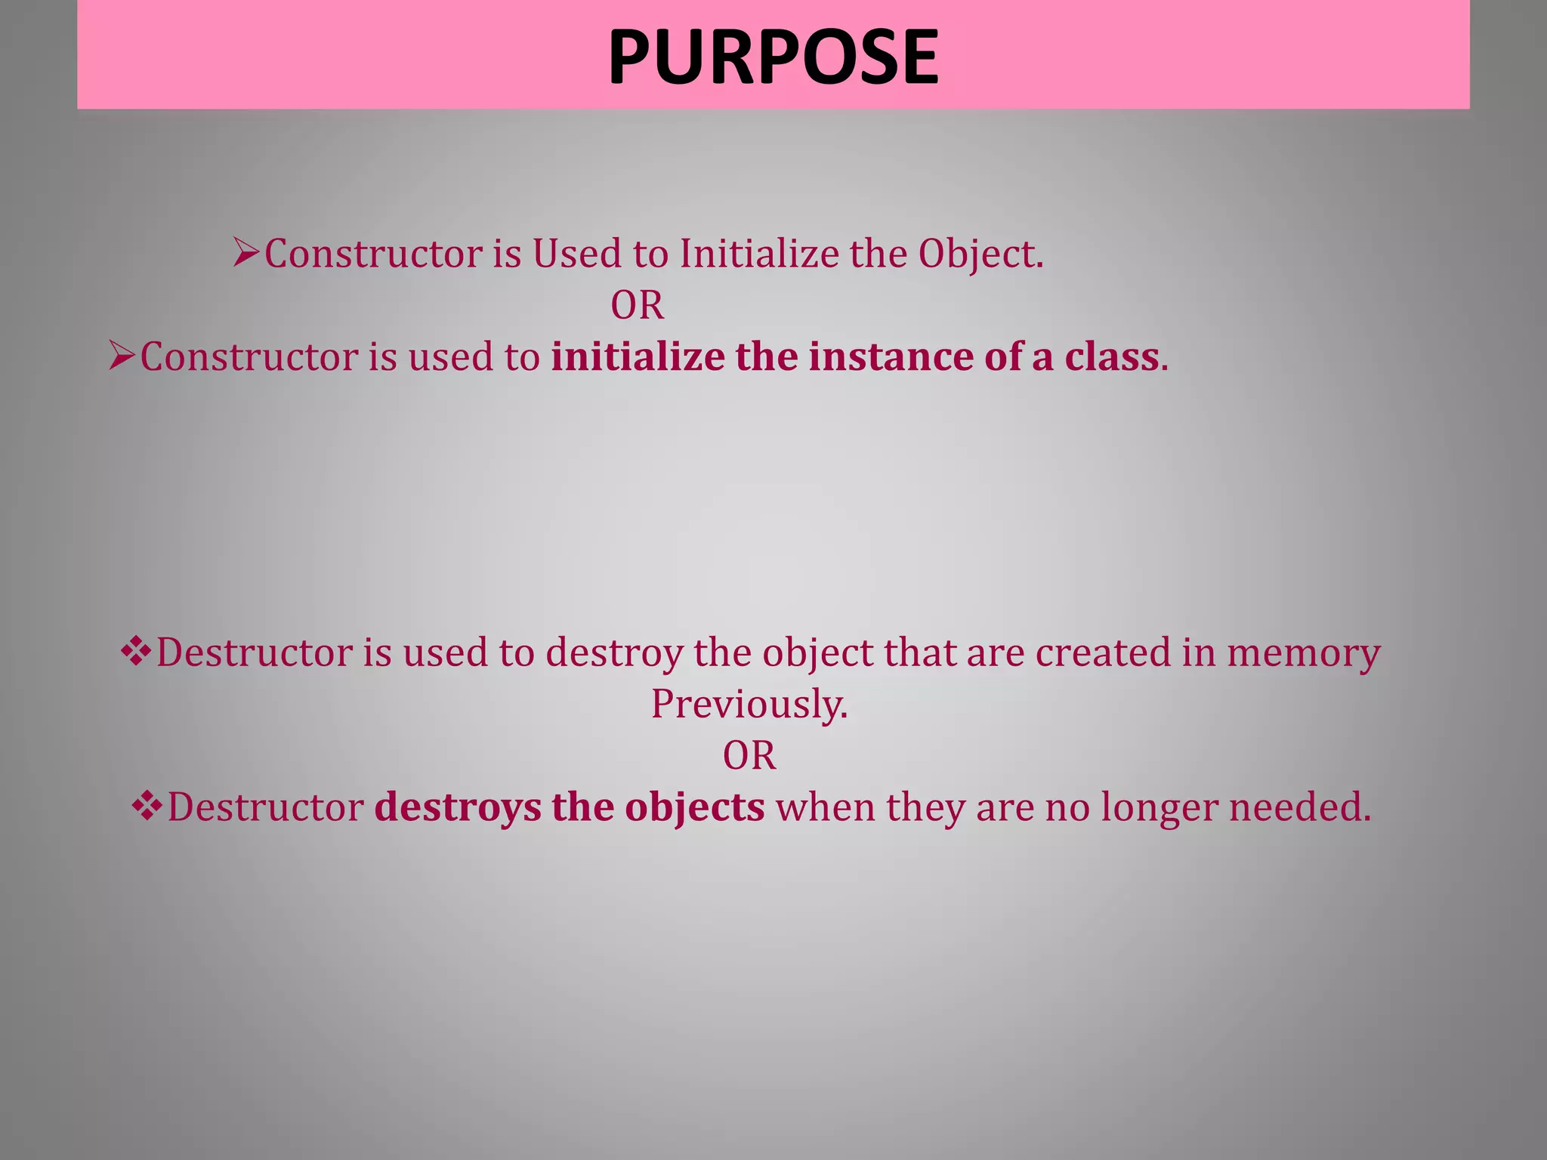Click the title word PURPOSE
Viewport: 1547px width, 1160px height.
[x=773, y=57]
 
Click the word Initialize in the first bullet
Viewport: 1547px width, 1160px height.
[x=758, y=254]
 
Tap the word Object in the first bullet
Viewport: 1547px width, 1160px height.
[x=977, y=254]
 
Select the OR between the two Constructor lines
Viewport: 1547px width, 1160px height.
[x=637, y=306]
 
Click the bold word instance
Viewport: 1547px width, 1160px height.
[x=891, y=357]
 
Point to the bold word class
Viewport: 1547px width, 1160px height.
[x=1111, y=357]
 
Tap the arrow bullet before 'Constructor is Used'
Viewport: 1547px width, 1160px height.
[x=246, y=251]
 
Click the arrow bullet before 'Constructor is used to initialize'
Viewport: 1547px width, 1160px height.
[x=122, y=355]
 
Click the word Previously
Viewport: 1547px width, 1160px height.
[x=749, y=705]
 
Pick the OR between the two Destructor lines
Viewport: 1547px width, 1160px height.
[x=749, y=756]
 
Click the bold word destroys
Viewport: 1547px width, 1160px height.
[x=456, y=807]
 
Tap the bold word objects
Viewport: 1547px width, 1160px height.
[x=694, y=807]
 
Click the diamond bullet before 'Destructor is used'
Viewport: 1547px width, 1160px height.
[x=136, y=651]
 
